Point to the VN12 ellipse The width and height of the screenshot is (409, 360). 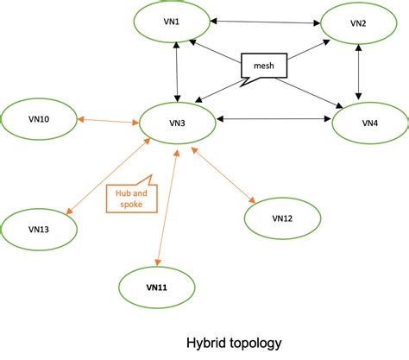coord(282,218)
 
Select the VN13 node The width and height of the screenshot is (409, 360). coord(38,229)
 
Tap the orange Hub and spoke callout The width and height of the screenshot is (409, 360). coord(127,198)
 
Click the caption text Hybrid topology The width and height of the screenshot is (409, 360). coord(234,343)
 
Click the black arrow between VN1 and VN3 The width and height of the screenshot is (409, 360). coord(176,72)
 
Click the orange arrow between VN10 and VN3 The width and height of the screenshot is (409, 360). coord(109,121)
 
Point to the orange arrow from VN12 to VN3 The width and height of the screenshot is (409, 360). coord(223,176)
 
